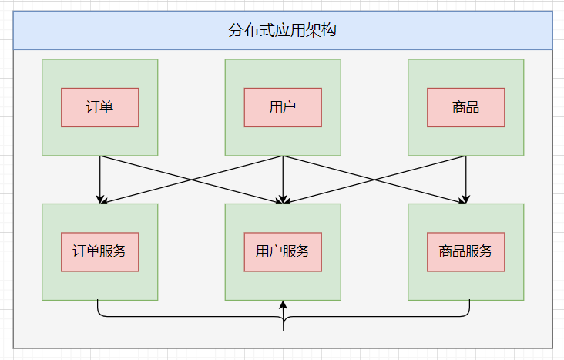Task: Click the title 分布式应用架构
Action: click(282, 31)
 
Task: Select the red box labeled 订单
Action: click(100, 107)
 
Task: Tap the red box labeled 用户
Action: click(283, 107)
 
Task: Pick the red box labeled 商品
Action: click(465, 107)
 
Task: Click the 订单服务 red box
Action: click(100, 251)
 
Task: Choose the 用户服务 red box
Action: click(283, 251)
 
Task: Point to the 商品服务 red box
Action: click(465, 251)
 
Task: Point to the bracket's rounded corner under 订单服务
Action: click(101, 313)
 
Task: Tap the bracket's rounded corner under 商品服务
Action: click(466, 313)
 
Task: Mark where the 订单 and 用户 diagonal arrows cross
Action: click(192, 180)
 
